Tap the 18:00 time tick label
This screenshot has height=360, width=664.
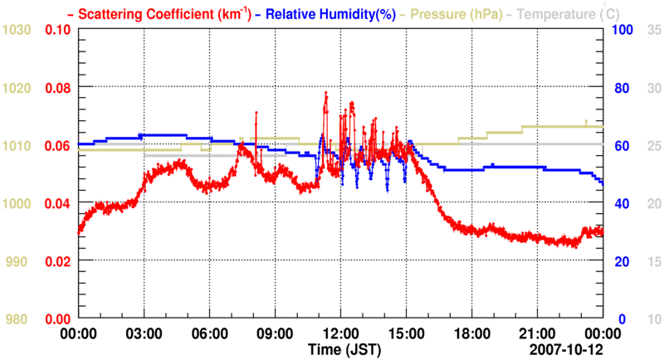[471, 333]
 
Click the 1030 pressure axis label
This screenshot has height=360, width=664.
[17, 30]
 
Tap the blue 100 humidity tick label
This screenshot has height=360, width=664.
[623, 30]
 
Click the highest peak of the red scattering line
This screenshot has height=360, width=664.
[325, 93]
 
